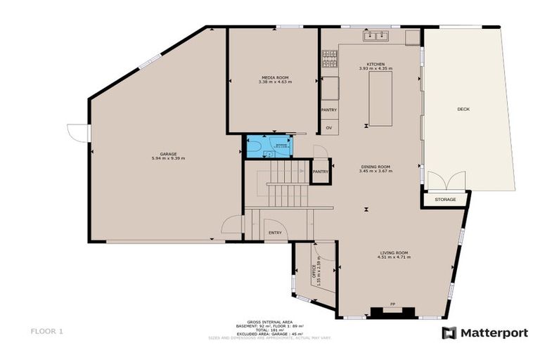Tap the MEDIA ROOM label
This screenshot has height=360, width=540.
(274, 77)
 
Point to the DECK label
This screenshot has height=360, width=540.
(463, 109)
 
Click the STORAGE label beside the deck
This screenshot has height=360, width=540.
(445, 200)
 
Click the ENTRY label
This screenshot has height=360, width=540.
(274, 233)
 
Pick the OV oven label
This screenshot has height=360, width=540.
(328, 127)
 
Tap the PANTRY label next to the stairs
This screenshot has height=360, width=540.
(321, 171)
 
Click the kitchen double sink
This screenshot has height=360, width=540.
(375, 35)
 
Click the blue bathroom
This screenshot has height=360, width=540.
(268, 146)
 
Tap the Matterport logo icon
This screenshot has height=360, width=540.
(449, 333)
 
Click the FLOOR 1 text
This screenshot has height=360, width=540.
(47, 330)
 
